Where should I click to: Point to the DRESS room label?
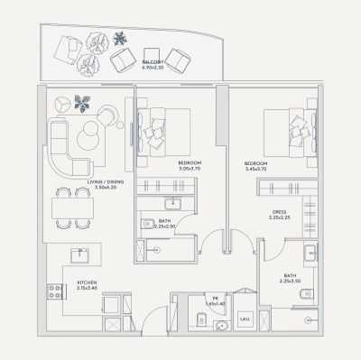click(x=278, y=215)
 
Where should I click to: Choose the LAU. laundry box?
click(x=245, y=318)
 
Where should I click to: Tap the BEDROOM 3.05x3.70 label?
click(x=194, y=166)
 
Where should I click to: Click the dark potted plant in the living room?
click(x=85, y=101)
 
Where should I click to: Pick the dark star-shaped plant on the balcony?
click(x=119, y=40)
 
